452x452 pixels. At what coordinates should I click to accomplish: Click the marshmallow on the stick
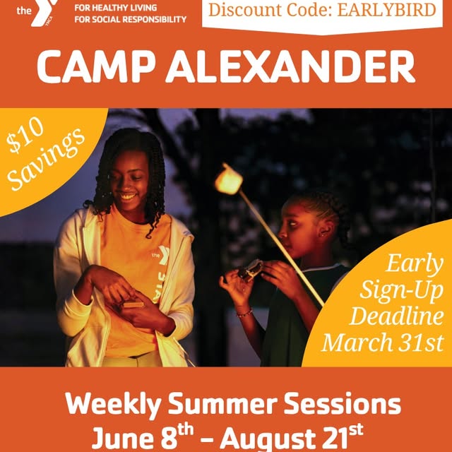tap(229, 179)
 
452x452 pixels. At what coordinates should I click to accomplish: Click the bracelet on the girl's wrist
tap(244, 311)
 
